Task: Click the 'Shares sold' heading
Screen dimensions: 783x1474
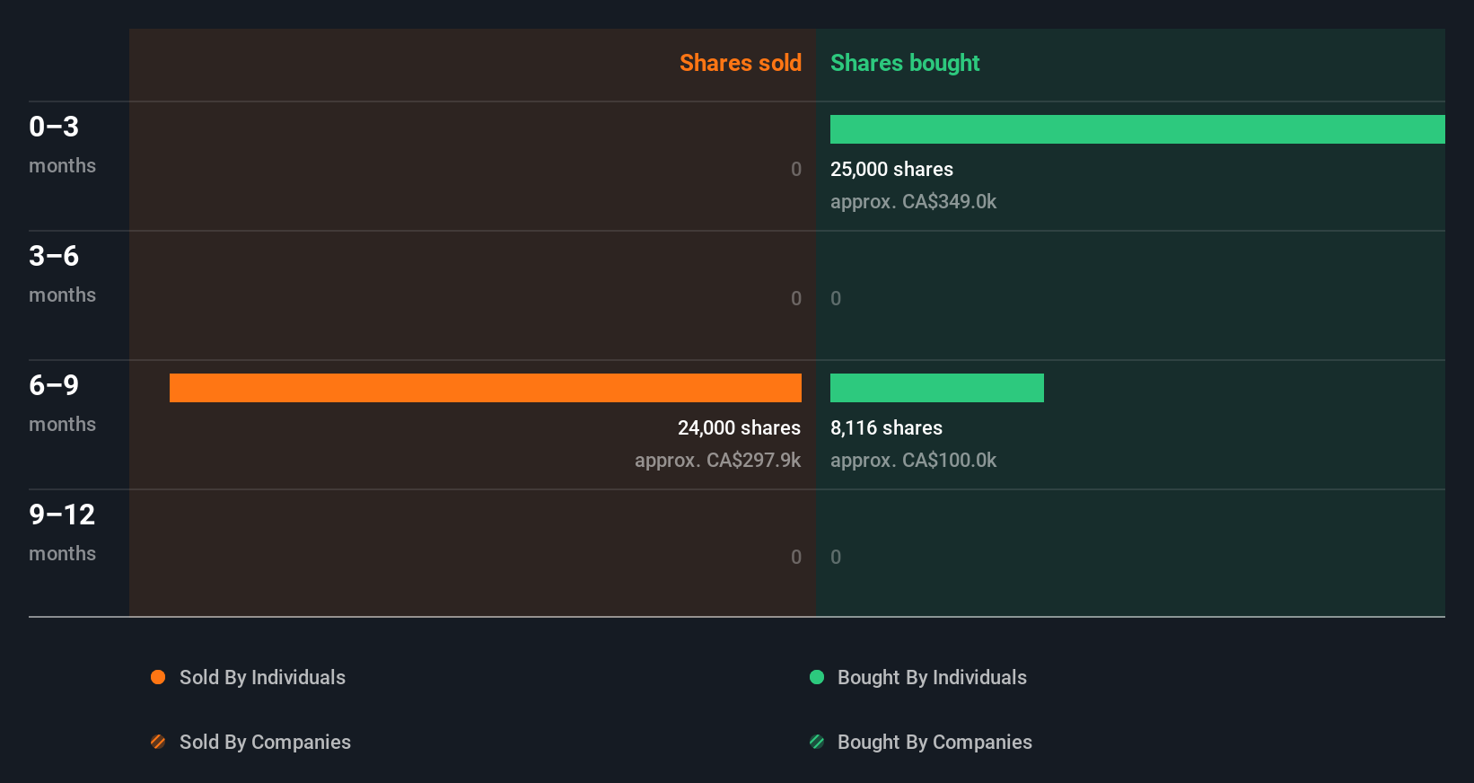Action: click(740, 63)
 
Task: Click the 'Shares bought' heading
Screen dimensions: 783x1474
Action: click(904, 63)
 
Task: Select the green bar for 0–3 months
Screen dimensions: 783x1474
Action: click(1136, 129)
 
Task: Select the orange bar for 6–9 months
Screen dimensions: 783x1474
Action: click(485, 388)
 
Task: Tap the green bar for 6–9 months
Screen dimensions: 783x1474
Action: click(936, 388)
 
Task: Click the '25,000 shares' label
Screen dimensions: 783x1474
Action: click(891, 169)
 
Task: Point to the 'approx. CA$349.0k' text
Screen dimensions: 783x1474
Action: click(913, 201)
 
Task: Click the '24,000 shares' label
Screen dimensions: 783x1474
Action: click(739, 427)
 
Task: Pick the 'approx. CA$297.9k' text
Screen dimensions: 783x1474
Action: click(717, 460)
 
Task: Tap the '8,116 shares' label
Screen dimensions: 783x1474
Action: click(886, 427)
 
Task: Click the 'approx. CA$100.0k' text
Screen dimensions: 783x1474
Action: click(913, 460)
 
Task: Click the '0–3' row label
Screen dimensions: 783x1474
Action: click(54, 127)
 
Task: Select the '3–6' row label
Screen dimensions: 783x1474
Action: click(54, 256)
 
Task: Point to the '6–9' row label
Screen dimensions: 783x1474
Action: click(54, 385)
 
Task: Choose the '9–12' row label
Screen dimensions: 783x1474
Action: click(62, 515)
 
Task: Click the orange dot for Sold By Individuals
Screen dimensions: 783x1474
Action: click(158, 677)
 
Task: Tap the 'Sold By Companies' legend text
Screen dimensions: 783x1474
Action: click(265, 742)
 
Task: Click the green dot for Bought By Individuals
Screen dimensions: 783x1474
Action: click(817, 677)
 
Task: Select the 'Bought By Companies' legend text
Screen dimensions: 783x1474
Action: click(934, 742)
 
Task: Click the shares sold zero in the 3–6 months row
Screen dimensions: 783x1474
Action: click(796, 298)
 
